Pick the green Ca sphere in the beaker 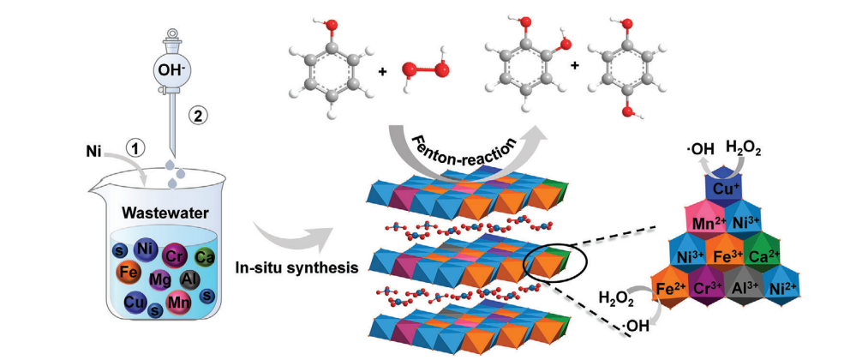tap(204, 256)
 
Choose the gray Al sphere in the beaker tap(191, 279)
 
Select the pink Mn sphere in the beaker tap(178, 303)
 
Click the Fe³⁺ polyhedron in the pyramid tap(730, 255)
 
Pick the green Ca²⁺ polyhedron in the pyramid tap(763, 255)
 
